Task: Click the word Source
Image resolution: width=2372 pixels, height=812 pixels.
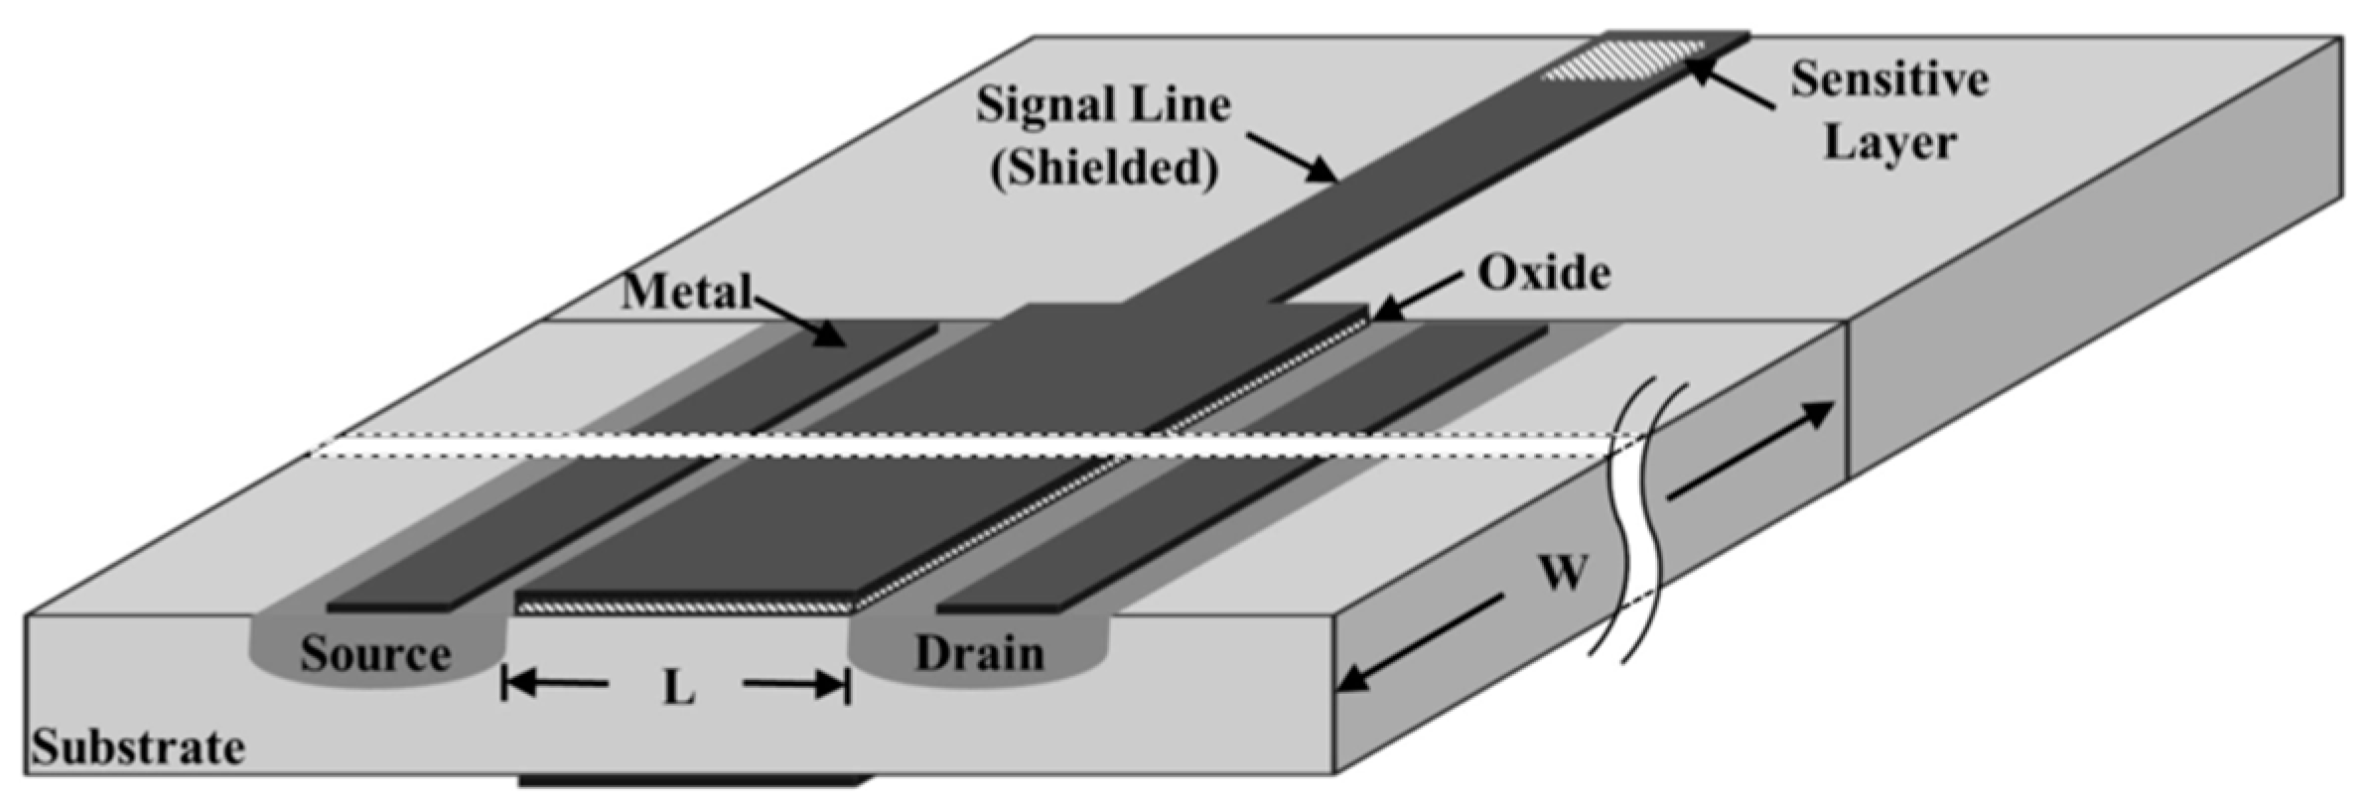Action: click(375, 654)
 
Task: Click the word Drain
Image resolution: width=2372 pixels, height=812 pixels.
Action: click(979, 654)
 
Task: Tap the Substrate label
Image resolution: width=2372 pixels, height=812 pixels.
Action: click(138, 747)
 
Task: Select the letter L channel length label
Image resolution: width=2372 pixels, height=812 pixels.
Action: click(678, 687)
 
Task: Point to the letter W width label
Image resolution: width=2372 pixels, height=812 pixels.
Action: click(1563, 573)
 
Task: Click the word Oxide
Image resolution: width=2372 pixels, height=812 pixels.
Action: click(1544, 273)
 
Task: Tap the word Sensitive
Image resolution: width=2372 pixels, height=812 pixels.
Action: click(1888, 79)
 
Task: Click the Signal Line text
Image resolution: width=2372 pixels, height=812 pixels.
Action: click(1102, 105)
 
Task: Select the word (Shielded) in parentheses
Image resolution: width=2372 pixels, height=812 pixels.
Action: click(1104, 168)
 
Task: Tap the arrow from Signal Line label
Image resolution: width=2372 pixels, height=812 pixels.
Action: click(1292, 157)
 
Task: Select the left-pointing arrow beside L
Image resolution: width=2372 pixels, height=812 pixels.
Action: click(556, 683)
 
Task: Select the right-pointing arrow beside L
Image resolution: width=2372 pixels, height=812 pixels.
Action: click(794, 683)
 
